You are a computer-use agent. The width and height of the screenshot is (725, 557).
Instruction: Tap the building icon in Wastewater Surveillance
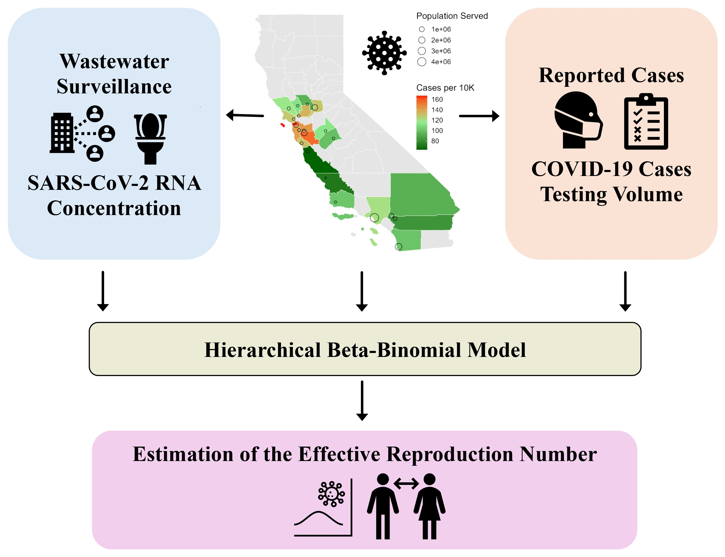click(x=62, y=133)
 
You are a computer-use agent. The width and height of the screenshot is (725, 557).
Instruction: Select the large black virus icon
click(x=384, y=53)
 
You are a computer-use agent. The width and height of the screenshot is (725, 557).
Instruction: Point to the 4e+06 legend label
click(x=441, y=62)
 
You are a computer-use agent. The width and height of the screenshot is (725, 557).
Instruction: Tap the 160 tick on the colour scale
click(x=437, y=99)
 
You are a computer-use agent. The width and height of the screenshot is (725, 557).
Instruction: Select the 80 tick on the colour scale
click(x=435, y=141)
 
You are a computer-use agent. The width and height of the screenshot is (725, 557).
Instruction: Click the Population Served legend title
click(x=452, y=16)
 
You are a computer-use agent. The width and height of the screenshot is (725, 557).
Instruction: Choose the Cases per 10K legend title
click(x=445, y=88)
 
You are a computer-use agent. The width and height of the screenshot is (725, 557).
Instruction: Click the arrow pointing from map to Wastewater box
click(x=245, y=115)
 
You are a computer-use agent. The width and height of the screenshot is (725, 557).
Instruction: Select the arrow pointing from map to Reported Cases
click(x=479, y=116)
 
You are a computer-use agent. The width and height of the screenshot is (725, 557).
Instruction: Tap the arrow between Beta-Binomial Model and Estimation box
click(x=362, y=400)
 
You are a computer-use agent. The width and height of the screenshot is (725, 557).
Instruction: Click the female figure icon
click(x=429, y=506)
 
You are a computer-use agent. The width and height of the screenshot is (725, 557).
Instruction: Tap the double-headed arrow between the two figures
click(x=406, y=484)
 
